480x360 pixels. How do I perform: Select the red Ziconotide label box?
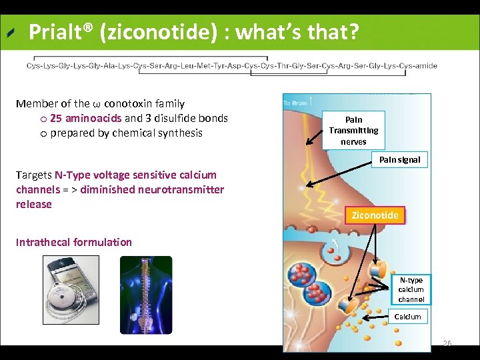(x=375, y=215)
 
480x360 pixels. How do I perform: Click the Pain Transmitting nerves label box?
(x=353, y=131)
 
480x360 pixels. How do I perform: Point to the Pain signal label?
(x=400, y=160)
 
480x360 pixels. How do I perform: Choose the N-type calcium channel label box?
(x=411, y=290)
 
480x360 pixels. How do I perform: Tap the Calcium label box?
(x=407, y=317)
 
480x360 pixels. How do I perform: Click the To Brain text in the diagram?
(x=295, y=103)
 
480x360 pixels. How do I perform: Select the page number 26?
(x=447, y=344)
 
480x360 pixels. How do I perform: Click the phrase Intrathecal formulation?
(x=74, y=242)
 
